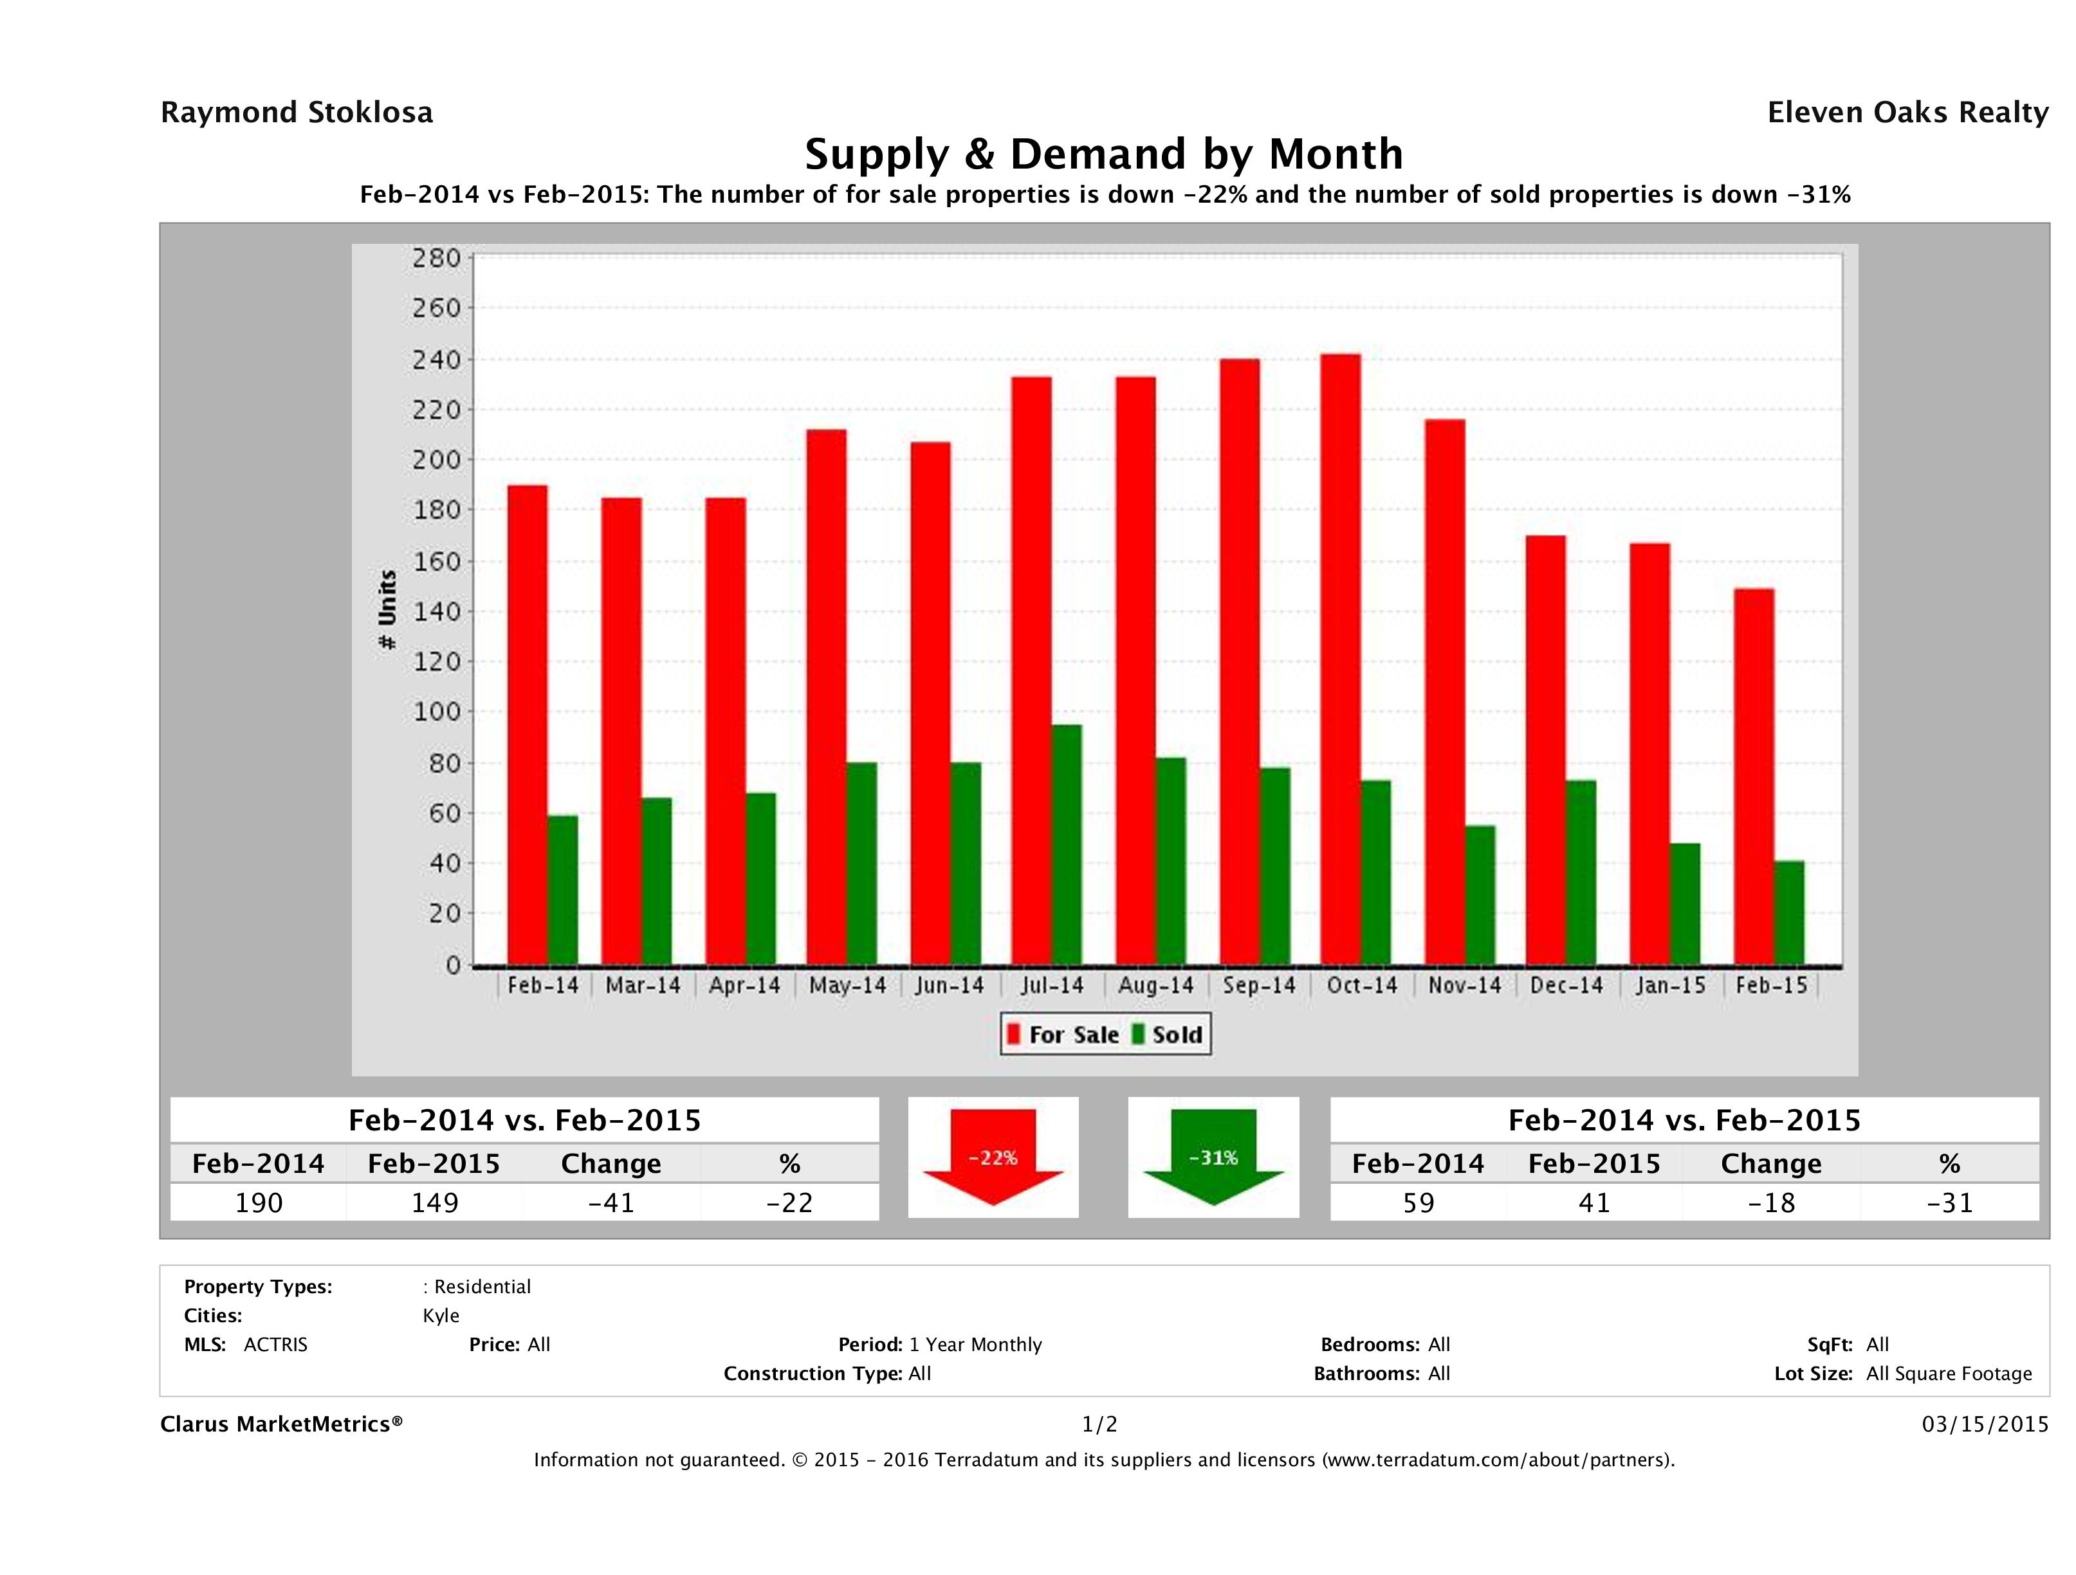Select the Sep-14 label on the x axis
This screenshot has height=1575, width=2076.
pyautogui.click(x=1258, y=986)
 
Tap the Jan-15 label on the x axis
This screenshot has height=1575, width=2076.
pyautogui.click(x=1669, y=986)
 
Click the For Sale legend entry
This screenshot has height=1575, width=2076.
pyautogui.click(x=1063, y=1035)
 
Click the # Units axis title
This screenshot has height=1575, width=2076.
pyautogui.click(x=387, y=610)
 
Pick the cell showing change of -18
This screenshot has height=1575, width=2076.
pyautogui.click(x=1771, y=1202)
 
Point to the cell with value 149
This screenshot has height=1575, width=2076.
pyautogui.click(x=434, y=1202)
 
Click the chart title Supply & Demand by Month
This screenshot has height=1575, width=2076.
pyautogui.click(x=1104, y=154)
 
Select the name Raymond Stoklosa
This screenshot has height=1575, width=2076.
pyautogui.click(x=297, y=113)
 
